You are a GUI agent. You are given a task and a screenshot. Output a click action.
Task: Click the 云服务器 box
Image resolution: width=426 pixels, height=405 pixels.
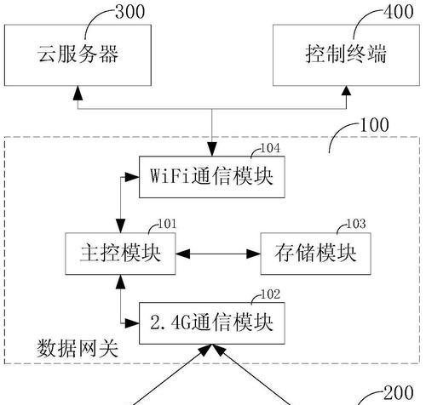click(x=78, y=55)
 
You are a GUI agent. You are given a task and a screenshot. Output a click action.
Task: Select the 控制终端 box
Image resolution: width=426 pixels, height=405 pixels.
click(x=346, y=55)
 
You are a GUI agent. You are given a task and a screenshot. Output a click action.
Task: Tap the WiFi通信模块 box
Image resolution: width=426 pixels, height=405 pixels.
click(x=212, y=177)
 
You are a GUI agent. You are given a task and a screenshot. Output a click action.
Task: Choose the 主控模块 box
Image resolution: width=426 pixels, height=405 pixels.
click(x=120, y=254)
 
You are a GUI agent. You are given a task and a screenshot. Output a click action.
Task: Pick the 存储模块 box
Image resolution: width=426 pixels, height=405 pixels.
click(x=316, y=254)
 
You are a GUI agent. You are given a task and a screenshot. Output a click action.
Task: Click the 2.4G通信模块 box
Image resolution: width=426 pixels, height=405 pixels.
click(x=212, y=323)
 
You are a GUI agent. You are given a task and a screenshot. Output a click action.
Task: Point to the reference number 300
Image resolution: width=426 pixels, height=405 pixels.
click(x=130, y=12)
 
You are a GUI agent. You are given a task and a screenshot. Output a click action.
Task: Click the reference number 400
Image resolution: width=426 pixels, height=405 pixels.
click(x=399, y=12)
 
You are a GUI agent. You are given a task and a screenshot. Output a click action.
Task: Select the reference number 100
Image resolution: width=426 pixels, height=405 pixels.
click(x=374, y=125)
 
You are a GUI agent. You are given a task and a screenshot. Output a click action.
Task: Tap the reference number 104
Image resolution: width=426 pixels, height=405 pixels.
click(x=270, y=148)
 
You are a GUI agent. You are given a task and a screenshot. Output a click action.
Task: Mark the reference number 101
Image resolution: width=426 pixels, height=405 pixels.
click(x=167, y=224)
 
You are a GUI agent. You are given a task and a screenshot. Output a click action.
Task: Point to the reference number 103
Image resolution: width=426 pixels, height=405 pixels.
click(x=356, y=224)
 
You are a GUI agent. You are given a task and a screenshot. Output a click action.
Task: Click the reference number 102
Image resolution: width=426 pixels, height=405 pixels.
click(x=270, y=294)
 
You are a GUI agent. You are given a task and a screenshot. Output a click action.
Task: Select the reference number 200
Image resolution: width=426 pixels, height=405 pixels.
click(x=399, y=393)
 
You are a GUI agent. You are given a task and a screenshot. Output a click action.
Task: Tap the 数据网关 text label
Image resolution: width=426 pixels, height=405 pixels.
click(x=78, y=348)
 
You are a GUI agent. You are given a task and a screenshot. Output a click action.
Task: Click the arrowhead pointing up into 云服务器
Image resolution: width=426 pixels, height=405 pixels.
click(x=78, y=93)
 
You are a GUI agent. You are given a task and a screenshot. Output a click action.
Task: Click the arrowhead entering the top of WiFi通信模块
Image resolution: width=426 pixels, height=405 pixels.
click(x=212, y=149)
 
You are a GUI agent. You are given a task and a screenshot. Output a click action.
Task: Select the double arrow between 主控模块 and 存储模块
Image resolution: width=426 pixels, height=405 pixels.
click(x=218, y=254)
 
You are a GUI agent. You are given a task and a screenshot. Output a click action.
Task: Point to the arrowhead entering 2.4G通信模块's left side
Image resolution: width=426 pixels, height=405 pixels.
click(x=132, y=323)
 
